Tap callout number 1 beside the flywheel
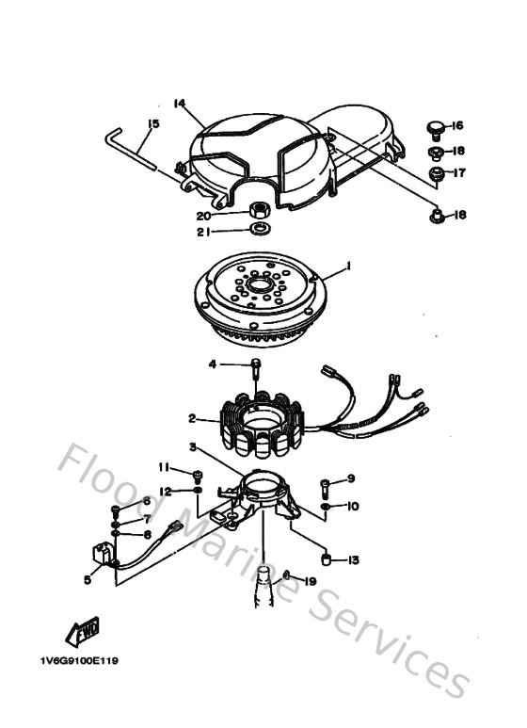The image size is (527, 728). tap(347, 267)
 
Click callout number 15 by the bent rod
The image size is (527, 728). tap(153, 122)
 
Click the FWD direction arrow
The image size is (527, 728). tap(78, 630)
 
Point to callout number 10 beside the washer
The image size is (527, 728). tap(353, 507)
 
